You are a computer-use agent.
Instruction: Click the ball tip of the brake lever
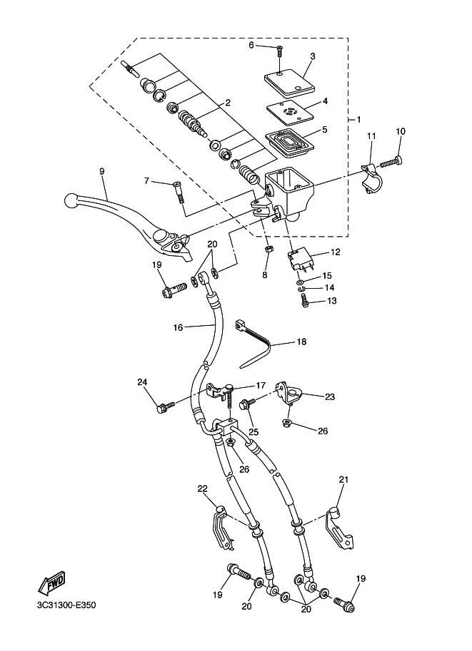[x=71, y=200]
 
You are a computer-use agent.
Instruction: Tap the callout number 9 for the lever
[x=102, y=171]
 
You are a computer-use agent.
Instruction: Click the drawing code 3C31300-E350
[x=66, y=605]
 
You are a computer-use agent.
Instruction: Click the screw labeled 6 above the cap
[x=280, y=51]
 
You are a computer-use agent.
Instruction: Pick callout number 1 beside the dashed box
[x=358, y=120]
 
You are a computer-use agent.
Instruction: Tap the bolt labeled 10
[x=391, y=161]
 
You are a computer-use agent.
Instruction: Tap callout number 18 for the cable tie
[x=301, y=342]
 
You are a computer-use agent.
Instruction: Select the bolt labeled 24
[x=166, y=406]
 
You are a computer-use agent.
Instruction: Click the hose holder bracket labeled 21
[x=339, y=528]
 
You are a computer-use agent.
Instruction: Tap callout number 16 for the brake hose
[x=178, y=327]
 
